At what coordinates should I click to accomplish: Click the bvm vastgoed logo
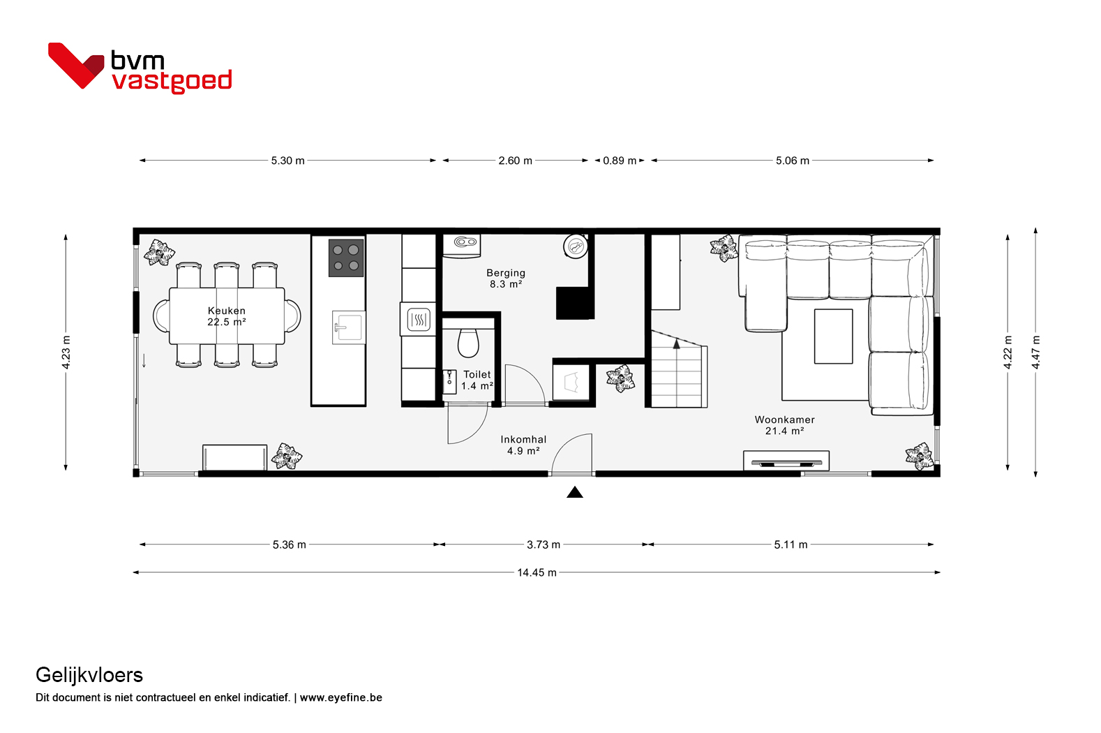point(140,68)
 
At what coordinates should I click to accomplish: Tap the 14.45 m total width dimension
point(537,572)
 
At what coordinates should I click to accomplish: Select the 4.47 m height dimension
point(1035,353)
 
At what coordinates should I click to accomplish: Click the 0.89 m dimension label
point(620,161)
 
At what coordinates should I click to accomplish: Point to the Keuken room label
point(227,316)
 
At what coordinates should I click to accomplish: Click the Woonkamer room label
point(784,425)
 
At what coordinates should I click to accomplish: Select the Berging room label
point(506,279)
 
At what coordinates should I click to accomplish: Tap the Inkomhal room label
point(523,445)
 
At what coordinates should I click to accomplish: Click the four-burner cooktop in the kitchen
point(346,258)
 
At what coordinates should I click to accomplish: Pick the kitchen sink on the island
point(348,327)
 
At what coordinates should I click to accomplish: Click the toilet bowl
point(468,343)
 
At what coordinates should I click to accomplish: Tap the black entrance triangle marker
point(575,492)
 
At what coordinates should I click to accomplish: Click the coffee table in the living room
point(833,336)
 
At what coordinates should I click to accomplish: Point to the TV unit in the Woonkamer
point(786,461)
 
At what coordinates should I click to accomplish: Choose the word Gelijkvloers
point(89,676)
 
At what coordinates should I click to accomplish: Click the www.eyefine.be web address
point(340,697)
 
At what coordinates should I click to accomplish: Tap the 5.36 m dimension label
point(289,545)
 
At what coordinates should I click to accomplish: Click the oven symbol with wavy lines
point(419,320)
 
